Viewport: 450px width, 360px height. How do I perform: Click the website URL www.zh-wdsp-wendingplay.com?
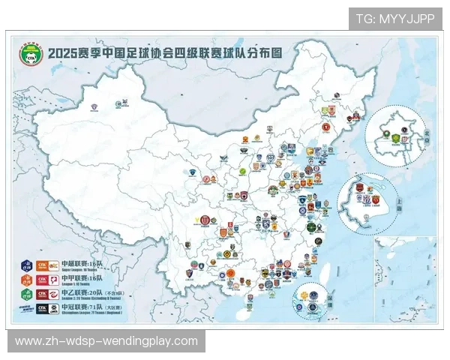pos(107,341)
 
